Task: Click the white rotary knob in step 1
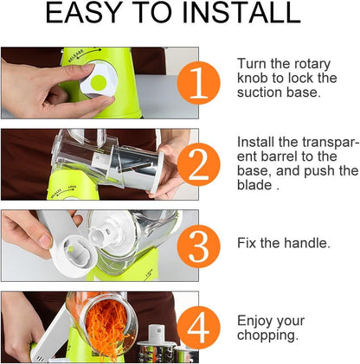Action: [x=98, y=83]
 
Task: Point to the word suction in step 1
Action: [x=261, y=94]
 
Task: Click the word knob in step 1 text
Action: [x=253, y=79]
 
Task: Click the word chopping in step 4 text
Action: [x=269, y=335]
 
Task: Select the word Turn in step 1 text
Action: [x=254, y=63]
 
